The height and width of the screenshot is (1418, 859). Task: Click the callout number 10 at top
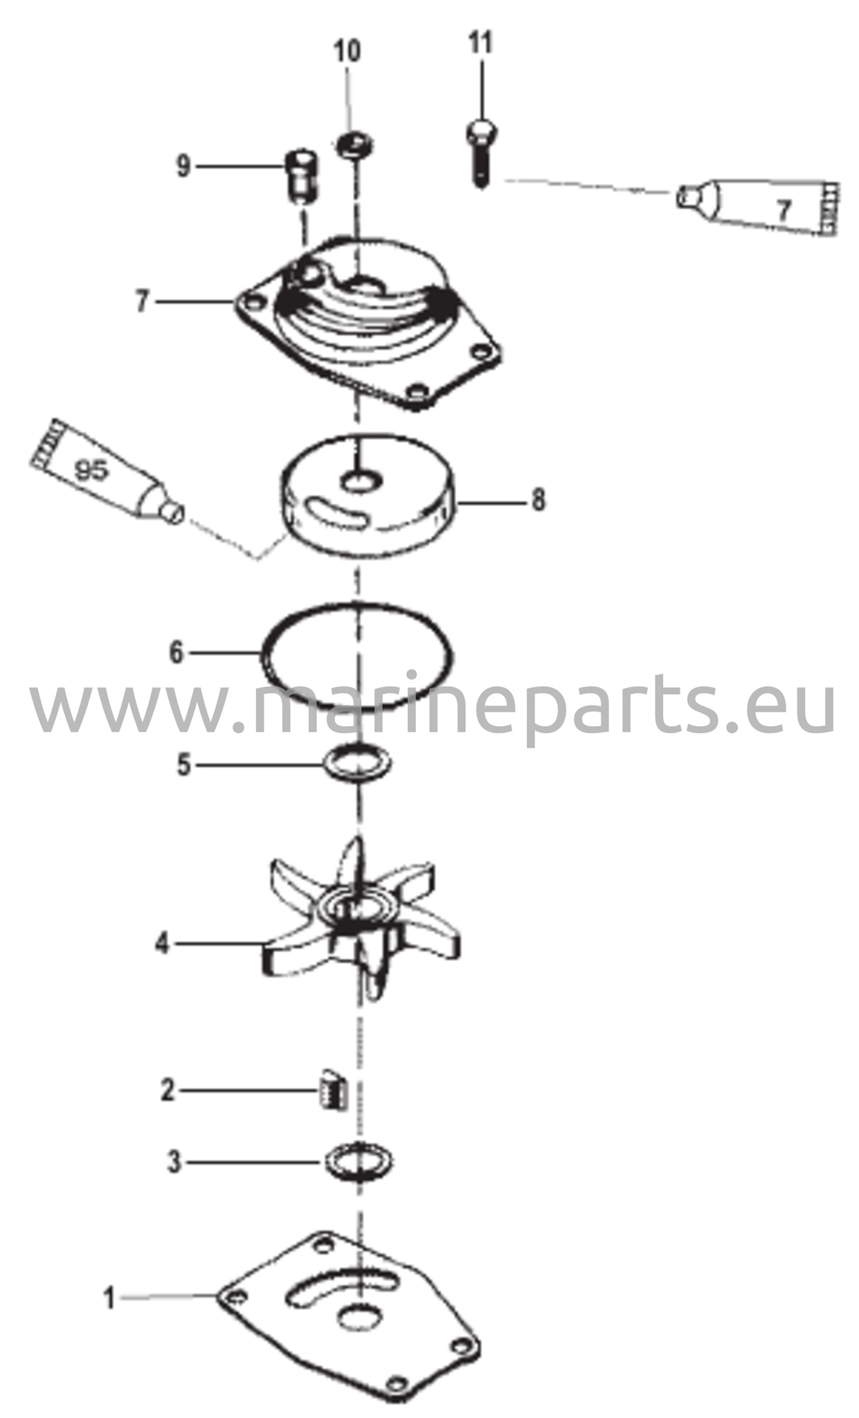tap(347, 51)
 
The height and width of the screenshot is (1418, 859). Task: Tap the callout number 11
tap(480, 43)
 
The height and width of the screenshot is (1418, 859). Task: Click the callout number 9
tap(183, 167)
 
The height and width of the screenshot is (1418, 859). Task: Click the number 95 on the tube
tap(91, 471)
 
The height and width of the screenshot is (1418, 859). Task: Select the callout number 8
tap(539, 499)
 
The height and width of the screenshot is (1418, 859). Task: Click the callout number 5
tap(183, 765)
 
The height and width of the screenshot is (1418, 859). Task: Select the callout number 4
tap(162, 943)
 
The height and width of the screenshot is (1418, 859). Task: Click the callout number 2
tap(168, 1091)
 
